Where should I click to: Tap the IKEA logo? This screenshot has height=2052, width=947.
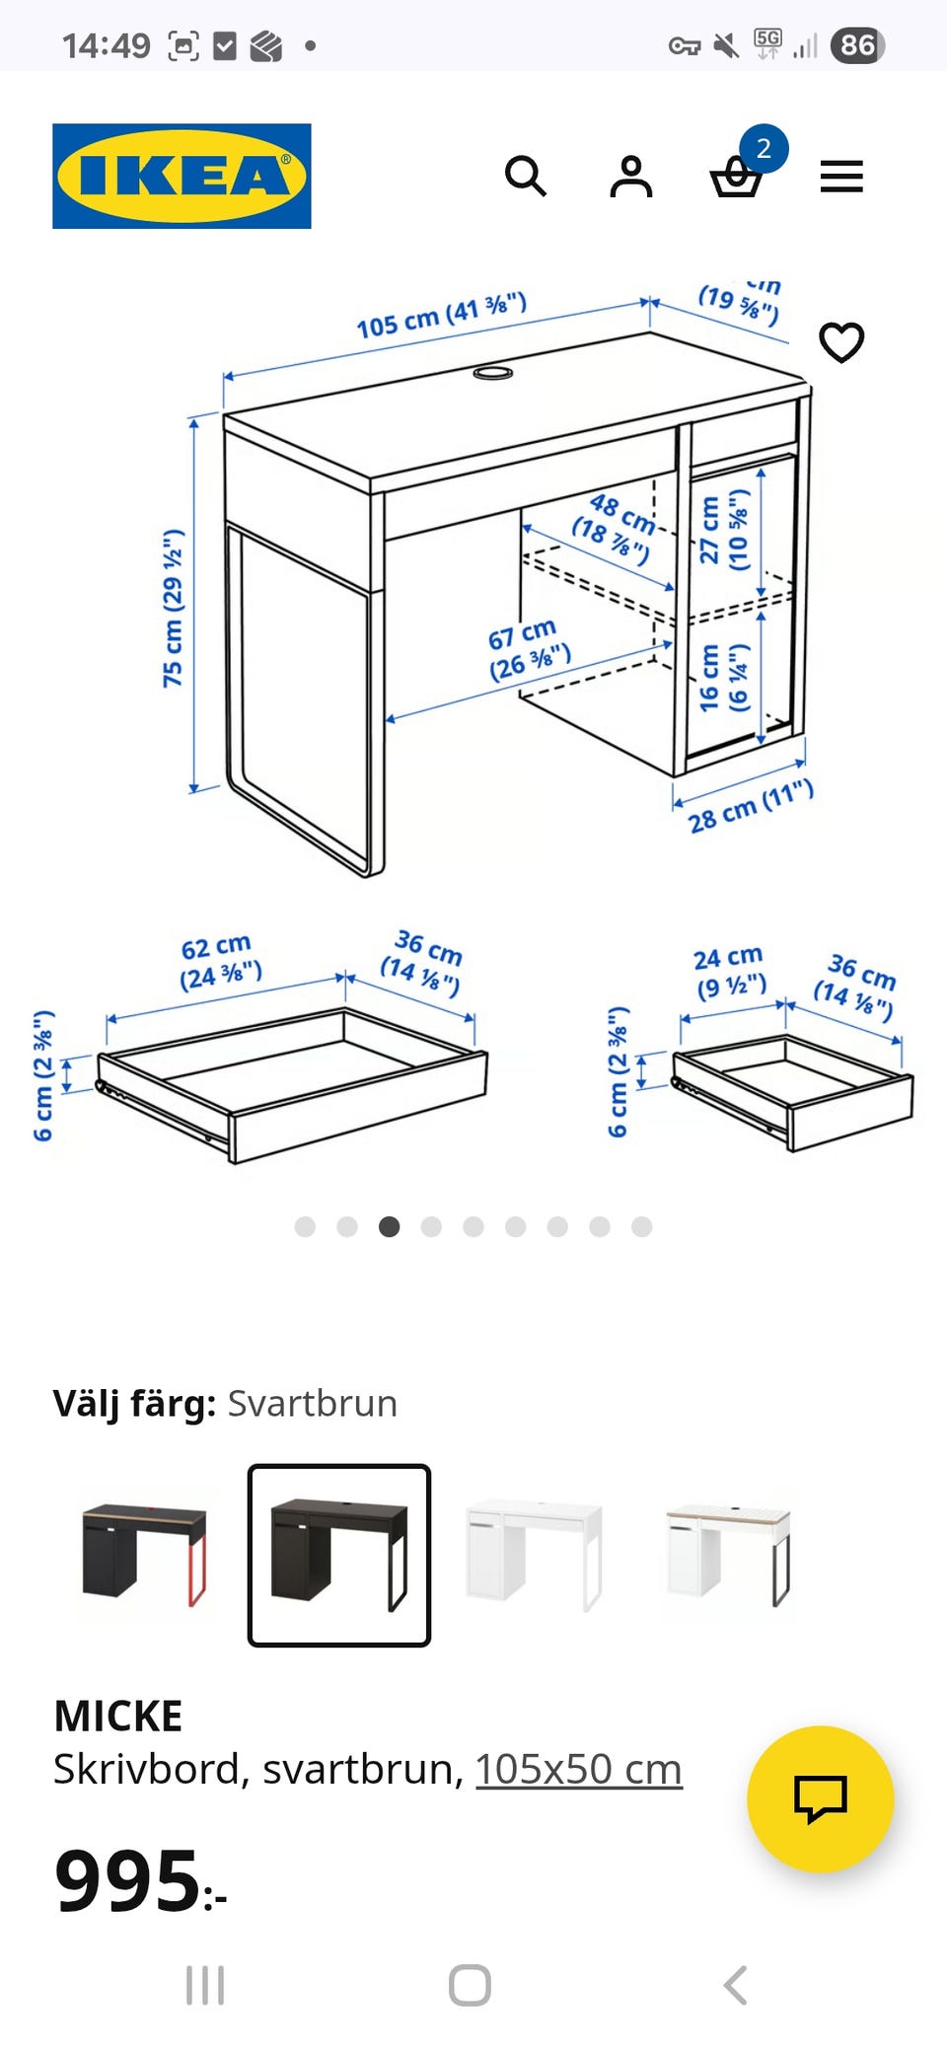[x=182, y=176]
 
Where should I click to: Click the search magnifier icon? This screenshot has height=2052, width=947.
[x=525, y=177]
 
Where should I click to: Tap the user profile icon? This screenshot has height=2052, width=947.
[x=631, y=177]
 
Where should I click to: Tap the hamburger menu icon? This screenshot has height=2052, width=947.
[x=841, y=177]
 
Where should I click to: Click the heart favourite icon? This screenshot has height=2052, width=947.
[x=841, y=342]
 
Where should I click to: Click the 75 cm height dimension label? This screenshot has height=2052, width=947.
[x=174, y=608]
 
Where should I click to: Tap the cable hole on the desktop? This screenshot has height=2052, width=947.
[x=492, y=373]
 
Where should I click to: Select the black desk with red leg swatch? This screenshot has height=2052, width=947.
[x=144, y=1555]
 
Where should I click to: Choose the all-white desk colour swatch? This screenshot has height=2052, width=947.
[x=534, y=1555]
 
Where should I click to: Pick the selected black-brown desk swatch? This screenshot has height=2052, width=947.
[x=339, y=1555]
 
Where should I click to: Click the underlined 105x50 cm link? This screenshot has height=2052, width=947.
[x=579, y=1769]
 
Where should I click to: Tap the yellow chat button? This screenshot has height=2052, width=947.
[x=821, y=1798]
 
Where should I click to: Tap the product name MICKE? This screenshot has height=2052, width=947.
[x=118, y=1716]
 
